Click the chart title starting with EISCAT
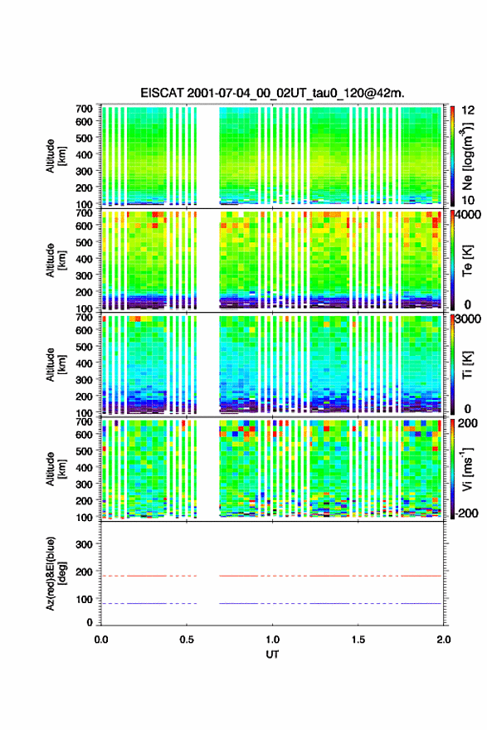[272, 93]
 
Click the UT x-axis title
[272, 655]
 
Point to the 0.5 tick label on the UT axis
[187, 640]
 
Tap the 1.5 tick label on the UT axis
[358, 640]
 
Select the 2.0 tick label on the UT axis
[443, 640]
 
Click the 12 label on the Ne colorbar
[468, 110]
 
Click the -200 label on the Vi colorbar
[466, 513]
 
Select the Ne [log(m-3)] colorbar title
[467, 155]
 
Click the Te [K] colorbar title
[467, 260]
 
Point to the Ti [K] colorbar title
[467, 364]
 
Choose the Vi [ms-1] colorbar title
[467, 469]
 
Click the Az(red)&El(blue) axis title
[56, 573]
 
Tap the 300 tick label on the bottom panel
[84, 544]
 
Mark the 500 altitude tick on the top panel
[84, 138]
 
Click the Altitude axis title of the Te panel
[56, 260]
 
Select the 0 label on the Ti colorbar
[467, 409]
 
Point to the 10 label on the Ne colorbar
[468, 200]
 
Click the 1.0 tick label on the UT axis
[272, 640]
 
